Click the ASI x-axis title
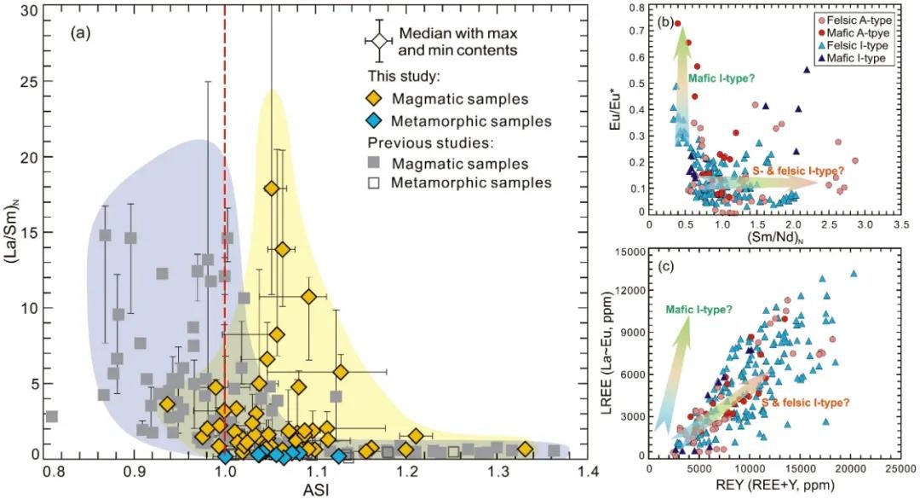(313, 489)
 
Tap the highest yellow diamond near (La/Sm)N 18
(272, 189)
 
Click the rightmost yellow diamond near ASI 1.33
(525, 450)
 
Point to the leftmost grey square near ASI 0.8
(51, 416)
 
